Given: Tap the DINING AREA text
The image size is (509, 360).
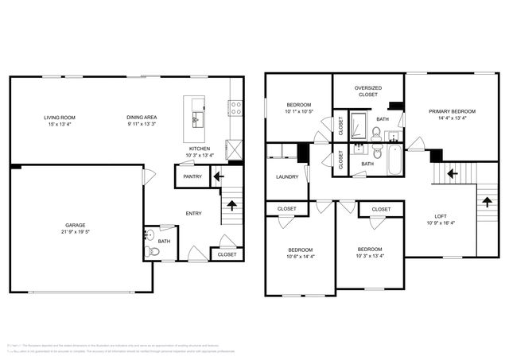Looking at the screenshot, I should pos(141,118).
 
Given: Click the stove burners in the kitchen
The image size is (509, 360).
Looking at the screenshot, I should pos(235,107).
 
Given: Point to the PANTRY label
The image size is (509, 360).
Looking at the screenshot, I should pos(192,176).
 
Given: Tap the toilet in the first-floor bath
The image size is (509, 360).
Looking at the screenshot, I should pos(154,251).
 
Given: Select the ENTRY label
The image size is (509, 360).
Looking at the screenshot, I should pos(193,213).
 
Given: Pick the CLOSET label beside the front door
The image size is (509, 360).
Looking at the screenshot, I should pos(227,254).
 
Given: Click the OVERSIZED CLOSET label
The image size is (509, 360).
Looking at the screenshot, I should pos(368,91).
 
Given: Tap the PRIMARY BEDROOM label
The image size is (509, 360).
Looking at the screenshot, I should pos(452,111).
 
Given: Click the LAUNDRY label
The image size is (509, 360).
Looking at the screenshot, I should pos(287,177).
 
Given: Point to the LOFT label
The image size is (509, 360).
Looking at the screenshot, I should pos(441,217).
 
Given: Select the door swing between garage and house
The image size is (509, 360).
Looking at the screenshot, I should pos(146,178).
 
